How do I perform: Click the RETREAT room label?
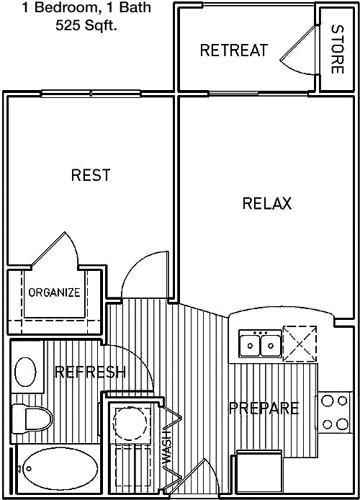234,50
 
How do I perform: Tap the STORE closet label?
338,49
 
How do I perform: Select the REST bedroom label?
91,175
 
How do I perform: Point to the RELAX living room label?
267,203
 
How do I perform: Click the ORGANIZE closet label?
54,292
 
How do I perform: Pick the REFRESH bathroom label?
91,372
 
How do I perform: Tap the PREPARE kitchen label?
264,408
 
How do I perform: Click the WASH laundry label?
166,447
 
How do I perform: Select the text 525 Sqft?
86,25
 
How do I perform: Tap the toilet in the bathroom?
32,419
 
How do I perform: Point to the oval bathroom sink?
25,372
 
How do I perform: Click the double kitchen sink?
261,344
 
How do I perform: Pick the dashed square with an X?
300,344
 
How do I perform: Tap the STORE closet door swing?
299,51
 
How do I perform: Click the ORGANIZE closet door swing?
55,249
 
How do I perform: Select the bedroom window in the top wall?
91,94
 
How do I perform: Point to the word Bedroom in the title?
66,8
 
